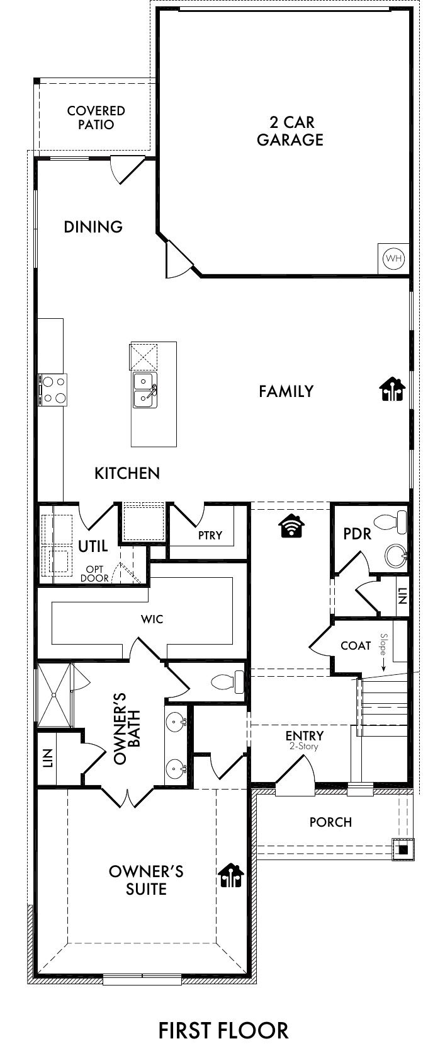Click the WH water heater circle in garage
(x=394, y=258)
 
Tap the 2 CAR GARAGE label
(x=290, y=131)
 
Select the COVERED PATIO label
(x=96, y=118)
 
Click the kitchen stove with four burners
(x=53, y=390)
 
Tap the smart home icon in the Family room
(x=392, y=389)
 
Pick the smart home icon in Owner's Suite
(x=231, y=875)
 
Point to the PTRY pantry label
(x=210, y=535)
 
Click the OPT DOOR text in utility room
(x=94, y=574)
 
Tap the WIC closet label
(x=152, y=619)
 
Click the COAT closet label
(x=356, y=646)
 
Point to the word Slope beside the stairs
(x=384, y=643)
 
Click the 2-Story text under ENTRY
(x=304, y=746)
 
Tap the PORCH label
(x=330, y=822)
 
